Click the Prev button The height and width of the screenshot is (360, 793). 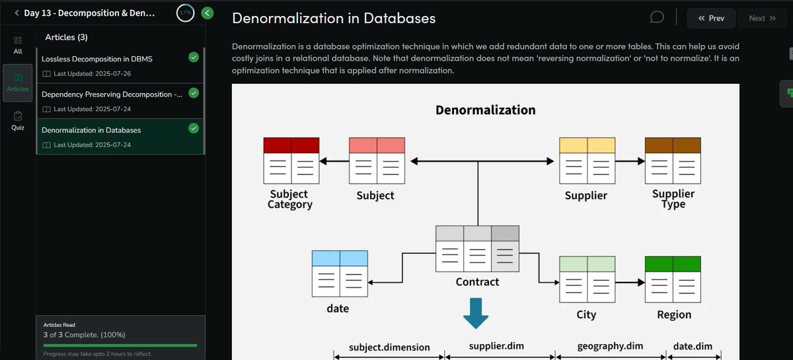coord(711,18)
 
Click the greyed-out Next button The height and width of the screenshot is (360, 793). coord(762,18)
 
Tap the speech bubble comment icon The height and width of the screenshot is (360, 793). coord(657,17)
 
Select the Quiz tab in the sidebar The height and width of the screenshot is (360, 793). coord(18,120)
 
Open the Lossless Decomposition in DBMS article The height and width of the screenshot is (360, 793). coord(97,59)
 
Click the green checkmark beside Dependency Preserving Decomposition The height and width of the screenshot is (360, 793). coord(194,93)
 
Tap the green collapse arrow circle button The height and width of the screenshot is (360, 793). coord(208,13)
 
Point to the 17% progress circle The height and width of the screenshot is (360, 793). coord(185,13)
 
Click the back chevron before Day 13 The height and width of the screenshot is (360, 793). coord(16,13)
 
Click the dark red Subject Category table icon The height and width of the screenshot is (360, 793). coord(291,161)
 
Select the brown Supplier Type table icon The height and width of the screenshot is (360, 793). coord(673,161)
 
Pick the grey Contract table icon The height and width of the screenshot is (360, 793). coord(477,248)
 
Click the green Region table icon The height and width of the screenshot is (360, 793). coord(673,279)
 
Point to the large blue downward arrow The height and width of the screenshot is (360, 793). coord(476,312)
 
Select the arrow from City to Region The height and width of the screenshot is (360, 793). coord(630,282)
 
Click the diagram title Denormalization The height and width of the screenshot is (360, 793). coord(485,110)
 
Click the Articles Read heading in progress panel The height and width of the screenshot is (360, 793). coord(60,325)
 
